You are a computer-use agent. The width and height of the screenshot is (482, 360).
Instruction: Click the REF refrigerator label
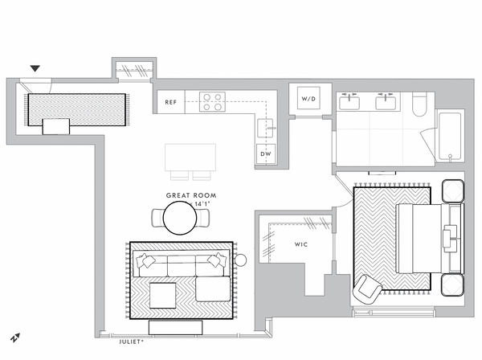(x=170, y=102)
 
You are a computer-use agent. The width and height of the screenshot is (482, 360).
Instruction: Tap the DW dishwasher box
(x=266, y=153)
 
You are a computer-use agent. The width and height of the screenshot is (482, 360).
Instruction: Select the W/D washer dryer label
(x=308, y=99)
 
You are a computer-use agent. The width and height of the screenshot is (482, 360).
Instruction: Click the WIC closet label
(x=301, y=244)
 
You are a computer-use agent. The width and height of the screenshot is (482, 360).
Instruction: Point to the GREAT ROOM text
(x=191, y=195)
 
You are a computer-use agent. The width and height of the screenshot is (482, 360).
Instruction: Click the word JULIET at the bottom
(x=129, y=342)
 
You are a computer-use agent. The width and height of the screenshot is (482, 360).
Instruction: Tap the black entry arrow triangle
(x=35, y=68)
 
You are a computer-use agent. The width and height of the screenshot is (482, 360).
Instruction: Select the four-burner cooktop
(x=212, y=102)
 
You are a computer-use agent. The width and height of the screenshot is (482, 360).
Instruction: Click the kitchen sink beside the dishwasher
(x=265, y=129)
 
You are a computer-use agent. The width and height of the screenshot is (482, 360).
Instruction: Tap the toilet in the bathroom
(x=419, y=104)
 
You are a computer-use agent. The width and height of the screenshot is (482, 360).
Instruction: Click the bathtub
(x=450, y=137)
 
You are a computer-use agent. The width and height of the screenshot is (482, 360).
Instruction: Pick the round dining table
(x=180, y=218)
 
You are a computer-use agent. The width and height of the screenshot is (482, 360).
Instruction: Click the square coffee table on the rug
(x=162, y=296)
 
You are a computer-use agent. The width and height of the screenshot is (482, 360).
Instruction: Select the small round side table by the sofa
(x=240, y=260)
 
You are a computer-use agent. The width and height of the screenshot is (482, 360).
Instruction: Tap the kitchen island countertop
(x=190, y=157)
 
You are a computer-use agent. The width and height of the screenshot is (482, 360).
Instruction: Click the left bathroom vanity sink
(x=349, y=102)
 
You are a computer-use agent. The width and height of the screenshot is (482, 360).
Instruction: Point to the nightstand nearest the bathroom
(x=453, y=190)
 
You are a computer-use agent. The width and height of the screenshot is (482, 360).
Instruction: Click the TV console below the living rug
(x=175, y=327)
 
